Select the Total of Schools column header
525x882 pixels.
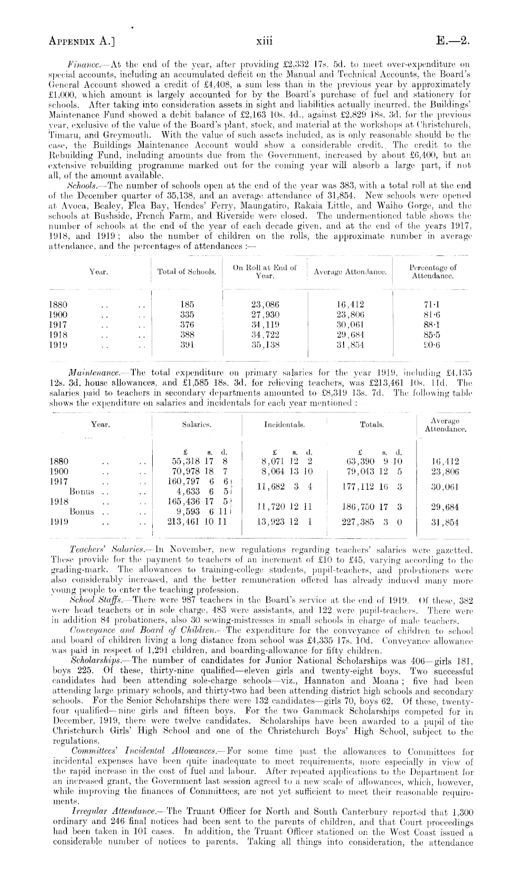coord(187,272)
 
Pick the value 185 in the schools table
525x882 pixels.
coord(187,305)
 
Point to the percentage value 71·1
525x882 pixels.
coord(432,305)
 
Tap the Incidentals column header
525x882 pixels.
coord(285,425)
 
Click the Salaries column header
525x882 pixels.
coord(197,425)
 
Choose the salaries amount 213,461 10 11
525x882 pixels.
coord(197,522)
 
